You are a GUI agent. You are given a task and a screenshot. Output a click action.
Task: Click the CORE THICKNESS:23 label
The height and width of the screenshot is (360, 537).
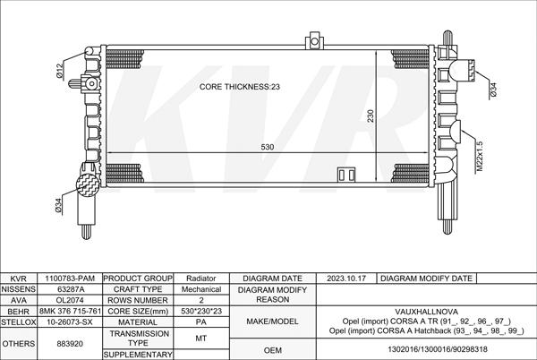[x=240, y=87]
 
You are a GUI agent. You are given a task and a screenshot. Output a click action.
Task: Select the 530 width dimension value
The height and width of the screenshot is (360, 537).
[x=268, y=147]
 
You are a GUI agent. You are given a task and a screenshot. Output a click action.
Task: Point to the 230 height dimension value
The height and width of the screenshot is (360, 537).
[x=371, y=116]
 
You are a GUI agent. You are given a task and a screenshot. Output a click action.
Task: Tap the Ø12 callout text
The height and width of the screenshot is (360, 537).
[x=60, y=72]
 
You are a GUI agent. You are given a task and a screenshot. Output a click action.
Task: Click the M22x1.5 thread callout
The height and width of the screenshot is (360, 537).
[x=479, y=156]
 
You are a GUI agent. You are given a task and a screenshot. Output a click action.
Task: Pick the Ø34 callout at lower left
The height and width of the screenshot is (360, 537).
[x=58, y=206]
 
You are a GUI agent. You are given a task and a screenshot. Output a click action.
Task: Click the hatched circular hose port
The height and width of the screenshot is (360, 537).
[x=88, y=185]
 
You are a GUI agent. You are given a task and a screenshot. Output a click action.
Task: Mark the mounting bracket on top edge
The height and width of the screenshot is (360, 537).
[x=314, y=40]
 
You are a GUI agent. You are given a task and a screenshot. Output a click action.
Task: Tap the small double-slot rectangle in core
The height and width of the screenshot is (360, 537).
[x=346, y=175]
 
